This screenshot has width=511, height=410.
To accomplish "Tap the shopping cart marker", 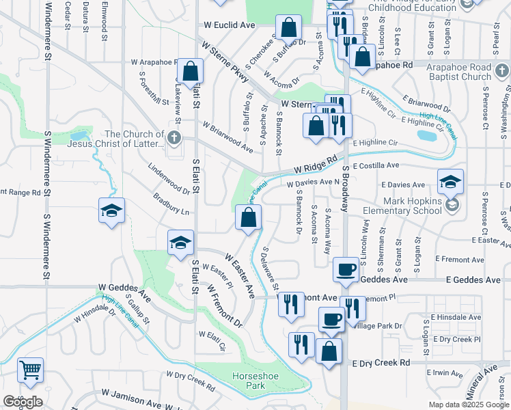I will coord(30,370).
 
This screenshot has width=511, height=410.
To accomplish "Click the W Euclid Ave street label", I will coord(229,25).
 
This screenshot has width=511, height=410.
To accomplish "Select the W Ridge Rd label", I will coord(316,165).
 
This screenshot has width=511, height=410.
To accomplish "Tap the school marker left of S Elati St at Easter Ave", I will coord(181,243).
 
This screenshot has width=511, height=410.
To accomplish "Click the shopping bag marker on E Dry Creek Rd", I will coord(329,351).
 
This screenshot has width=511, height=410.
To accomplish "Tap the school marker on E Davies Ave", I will coord(450,182).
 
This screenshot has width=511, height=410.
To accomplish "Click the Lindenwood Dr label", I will coord(169,179).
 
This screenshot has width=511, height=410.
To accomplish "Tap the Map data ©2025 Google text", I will coord(469,405).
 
